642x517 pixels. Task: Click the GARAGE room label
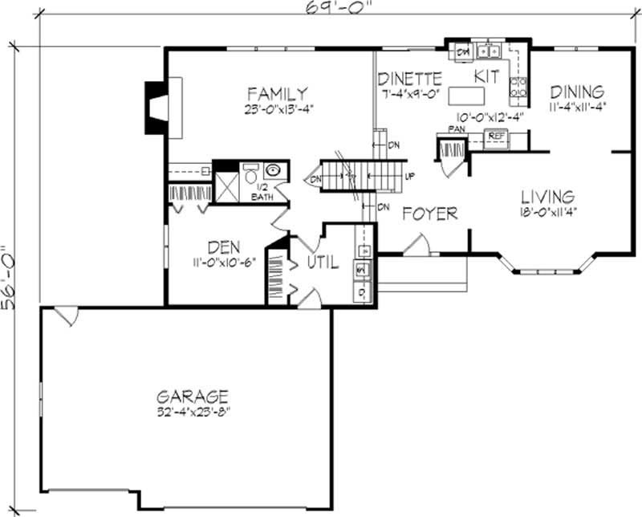coord(193,396)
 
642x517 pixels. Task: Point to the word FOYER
coord(429,214)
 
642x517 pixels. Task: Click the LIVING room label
coord(547,197)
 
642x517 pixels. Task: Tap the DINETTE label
coord(409,79)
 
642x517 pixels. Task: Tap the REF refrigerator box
coord(497,136)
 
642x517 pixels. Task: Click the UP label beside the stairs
coord(409,177)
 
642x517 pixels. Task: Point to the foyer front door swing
coord(417,246)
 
